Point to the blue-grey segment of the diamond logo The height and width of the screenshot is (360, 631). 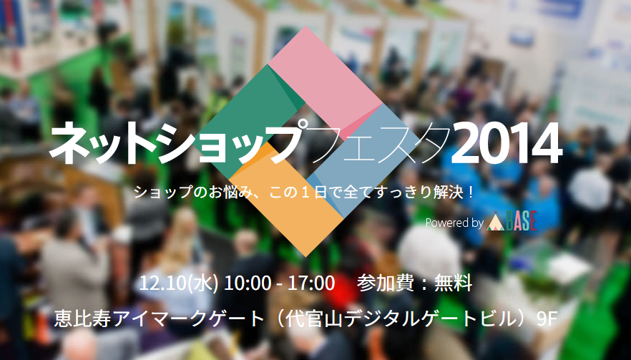358,161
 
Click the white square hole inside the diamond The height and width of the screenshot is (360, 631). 306,141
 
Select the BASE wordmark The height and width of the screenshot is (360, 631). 521,221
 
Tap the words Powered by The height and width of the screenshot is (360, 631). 454,223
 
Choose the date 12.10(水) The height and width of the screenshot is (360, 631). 179,283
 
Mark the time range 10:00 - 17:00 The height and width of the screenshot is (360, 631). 279,283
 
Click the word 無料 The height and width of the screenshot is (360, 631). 453,283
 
